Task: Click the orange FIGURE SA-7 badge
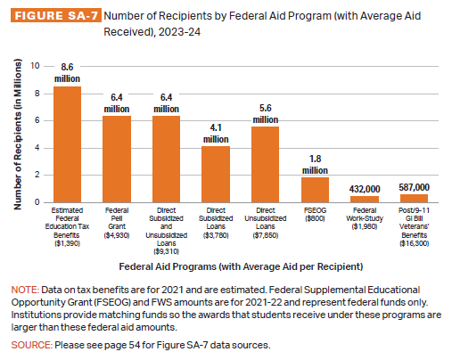tap(56, 15)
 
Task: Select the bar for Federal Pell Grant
tap(117, 160)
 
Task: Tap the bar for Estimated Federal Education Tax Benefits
tap(67, 144)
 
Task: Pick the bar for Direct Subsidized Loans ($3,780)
tap(216, 175)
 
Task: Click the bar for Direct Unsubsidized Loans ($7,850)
tap(265, 165)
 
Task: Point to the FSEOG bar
tap(315, 190)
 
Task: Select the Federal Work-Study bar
tap(365, 200)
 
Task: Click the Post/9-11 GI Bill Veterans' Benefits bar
tap(414, 199)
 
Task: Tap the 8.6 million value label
tap(67, 73)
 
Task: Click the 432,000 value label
tap(365, 189)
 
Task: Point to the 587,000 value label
tap(414, 187)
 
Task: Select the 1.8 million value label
tap(315, 165)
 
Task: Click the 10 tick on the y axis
tap(35, 66)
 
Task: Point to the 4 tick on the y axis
tap(37, 148)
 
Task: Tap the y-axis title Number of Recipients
tap(18, 135)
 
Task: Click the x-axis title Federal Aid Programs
tap(241, 266)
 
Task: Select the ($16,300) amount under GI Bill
tap(414, 243)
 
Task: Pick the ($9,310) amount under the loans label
tap(166, 251)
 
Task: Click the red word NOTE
tap(25, 290)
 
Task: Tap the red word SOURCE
tap(32, 345)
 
